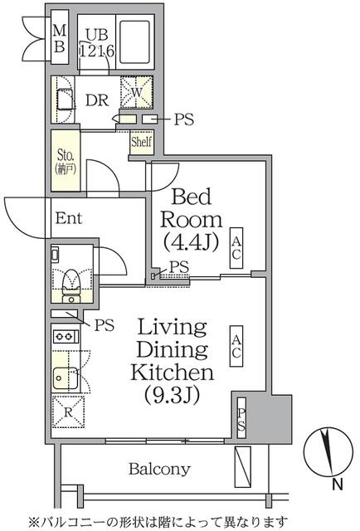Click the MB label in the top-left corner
tap(60, 39)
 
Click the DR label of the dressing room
tap(96, 100)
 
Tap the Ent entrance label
tap(69, 219)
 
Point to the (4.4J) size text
tap(192, 244)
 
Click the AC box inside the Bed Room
tap(236, 246)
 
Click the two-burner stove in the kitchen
tap(65, 338)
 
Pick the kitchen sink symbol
tap(65, 378)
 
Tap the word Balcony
tap(159, 468)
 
